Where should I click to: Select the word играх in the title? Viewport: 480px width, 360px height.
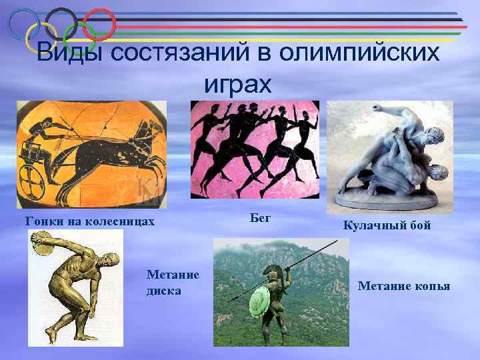tap(238, 84)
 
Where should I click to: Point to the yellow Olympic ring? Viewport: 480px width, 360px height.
tap(41, 38)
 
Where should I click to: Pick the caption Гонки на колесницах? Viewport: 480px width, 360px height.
tap(90, 221)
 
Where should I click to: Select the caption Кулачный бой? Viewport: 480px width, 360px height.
tap(387, 225)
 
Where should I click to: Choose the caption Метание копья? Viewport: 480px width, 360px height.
tap(404, 286)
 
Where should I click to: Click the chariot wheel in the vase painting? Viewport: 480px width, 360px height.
tap(31, 177)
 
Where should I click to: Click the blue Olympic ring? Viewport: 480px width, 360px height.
tap(24, 24)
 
